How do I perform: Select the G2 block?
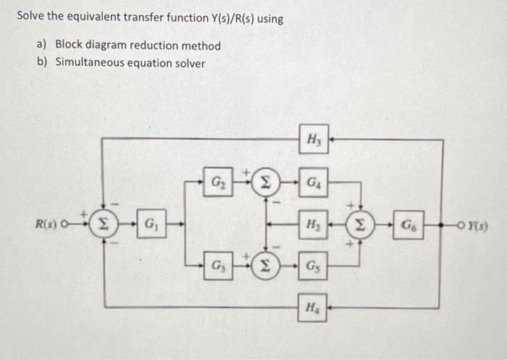(218, 178)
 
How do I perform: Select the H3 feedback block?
(314, 136)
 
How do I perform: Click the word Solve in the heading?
(30, 17)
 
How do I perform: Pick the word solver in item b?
(188, 62)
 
